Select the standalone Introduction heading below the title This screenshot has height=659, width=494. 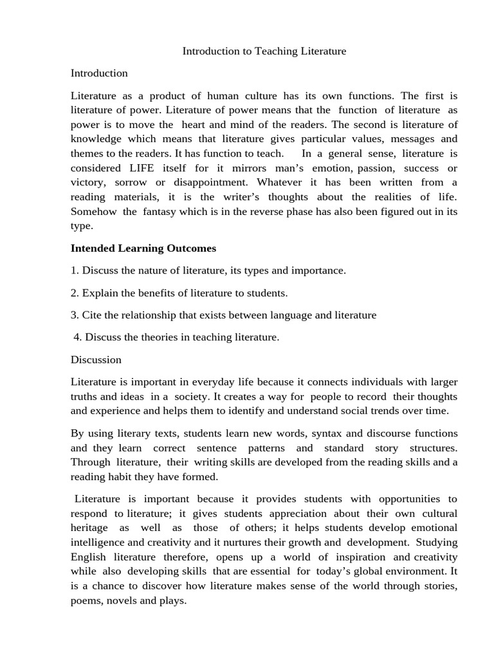pos(99,73)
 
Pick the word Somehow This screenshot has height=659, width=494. pos(93,212)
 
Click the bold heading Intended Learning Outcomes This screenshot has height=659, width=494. pos(143,248)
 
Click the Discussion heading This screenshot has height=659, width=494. pos(96,359)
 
